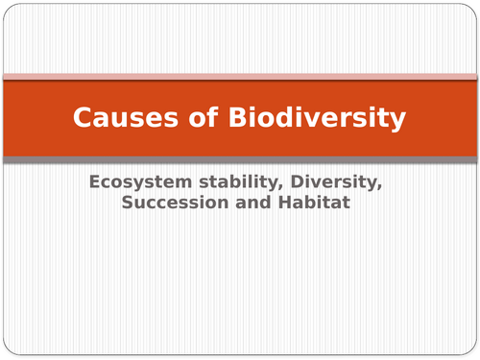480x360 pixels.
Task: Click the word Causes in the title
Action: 116,119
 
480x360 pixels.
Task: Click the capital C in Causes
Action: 83,119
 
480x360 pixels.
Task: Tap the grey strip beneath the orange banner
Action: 240,159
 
